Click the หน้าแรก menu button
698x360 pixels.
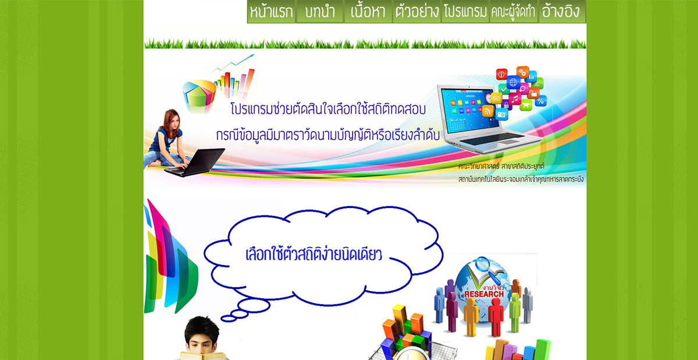tap(271, 12)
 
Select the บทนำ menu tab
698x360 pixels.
tap(319, 12)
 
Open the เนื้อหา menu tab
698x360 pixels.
tap(368, 12)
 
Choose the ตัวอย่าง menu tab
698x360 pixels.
tap(416, 12)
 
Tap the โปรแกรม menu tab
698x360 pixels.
tap(465, 12)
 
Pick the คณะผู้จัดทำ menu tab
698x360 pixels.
tap(513, 12)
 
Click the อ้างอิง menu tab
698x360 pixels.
tap(562, 12)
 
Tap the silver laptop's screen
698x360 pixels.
tap(467, 110)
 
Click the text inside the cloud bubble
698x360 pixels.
tap(314, 255)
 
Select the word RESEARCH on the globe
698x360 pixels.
tap(483, 294)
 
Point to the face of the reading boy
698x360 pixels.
tap(202, 337)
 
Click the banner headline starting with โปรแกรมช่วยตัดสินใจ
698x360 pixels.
tap(329, 109)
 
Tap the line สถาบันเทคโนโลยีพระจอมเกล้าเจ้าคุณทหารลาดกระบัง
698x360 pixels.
tap(521, 179)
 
